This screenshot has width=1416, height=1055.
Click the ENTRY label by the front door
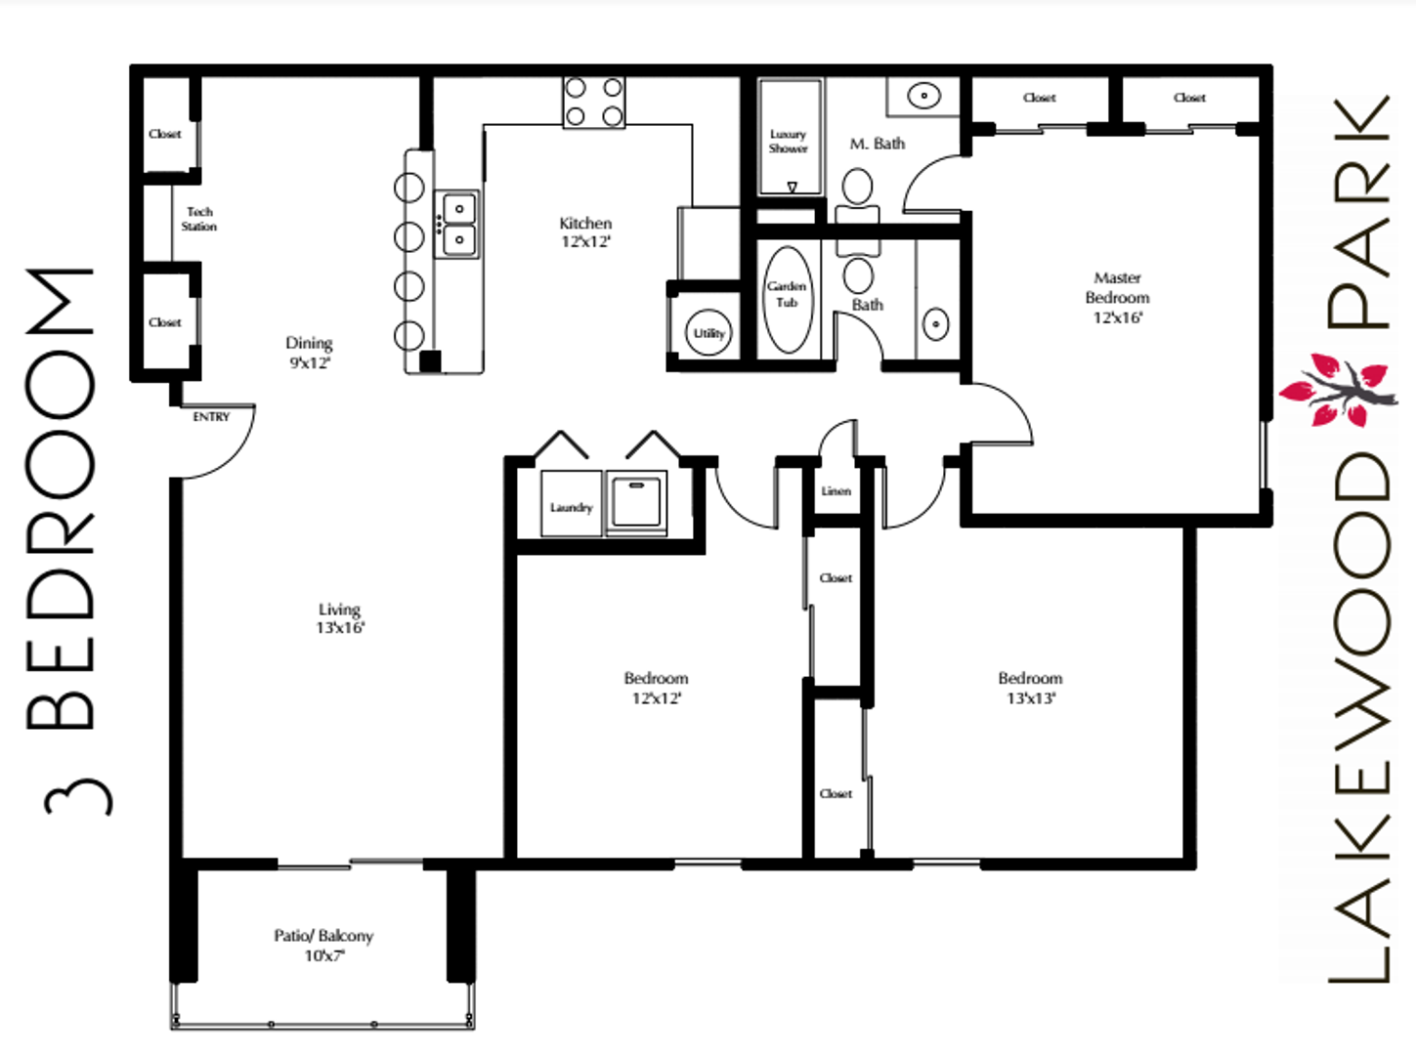211,417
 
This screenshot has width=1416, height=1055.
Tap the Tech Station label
199,219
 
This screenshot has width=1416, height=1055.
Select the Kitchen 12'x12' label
585,232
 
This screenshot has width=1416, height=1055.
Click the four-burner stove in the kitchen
593,103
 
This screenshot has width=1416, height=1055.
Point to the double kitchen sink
457,224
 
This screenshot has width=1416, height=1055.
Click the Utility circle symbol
708,333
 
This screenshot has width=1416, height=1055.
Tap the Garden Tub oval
788,299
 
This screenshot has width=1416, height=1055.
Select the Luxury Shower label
788,142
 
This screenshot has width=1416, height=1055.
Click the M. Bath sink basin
923,96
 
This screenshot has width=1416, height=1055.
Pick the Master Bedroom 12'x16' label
1117,298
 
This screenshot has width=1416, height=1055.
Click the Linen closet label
836,491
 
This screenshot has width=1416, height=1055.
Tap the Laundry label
571,507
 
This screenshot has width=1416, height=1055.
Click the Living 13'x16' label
340,618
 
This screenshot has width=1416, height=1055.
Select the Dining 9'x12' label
309,353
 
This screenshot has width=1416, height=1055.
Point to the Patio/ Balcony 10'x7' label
323,945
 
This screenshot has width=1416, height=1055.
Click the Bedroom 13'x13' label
1030,688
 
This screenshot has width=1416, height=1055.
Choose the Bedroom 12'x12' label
656,688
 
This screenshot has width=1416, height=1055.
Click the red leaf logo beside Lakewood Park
1338,391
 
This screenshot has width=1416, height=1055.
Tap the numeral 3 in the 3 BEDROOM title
76,796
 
